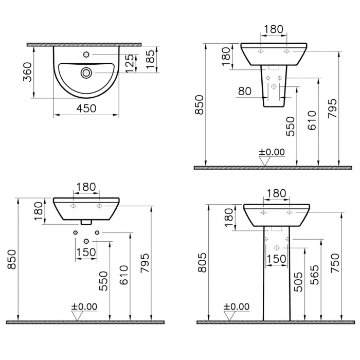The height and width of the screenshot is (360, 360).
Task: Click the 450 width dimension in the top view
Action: (x=86, y=108)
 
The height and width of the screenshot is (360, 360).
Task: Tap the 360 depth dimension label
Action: (x=27, y=72)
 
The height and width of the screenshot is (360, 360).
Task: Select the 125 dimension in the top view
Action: (x=130, y=63)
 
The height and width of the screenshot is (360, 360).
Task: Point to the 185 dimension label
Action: (x=151, y=59)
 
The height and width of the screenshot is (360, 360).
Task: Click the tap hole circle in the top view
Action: (x=86, y=55)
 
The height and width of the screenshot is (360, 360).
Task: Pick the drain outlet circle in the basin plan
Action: (x=86, y=73)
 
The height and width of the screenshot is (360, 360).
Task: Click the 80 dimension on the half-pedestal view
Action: (x=245, y=91)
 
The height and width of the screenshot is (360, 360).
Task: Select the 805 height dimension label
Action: (x=203, y=263)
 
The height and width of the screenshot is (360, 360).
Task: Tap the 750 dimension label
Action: (x=335, y=263)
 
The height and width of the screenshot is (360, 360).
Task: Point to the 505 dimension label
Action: (x=298, y=282)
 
